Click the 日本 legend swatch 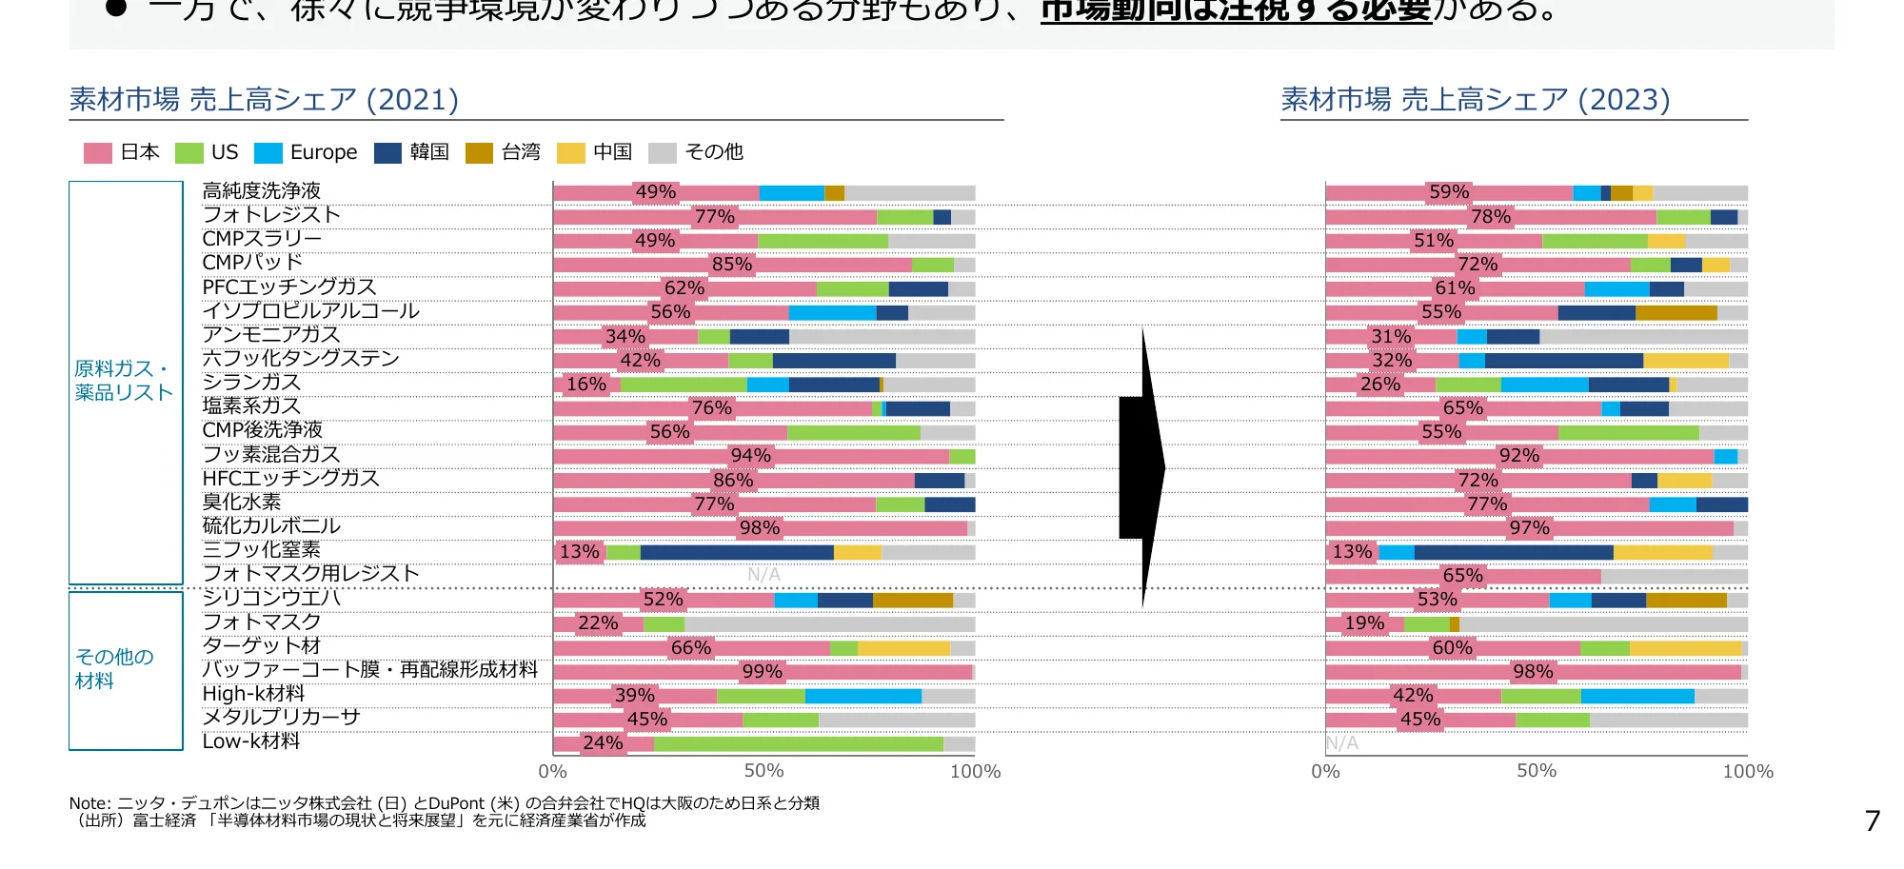[x=98, y=153]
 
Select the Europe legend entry [x=306, y=152]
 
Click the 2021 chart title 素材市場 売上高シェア [x=264, y=100]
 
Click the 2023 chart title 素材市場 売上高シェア [x=1475, y=100]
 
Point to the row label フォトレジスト [x=271, y=215]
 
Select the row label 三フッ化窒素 [x=262, y=550]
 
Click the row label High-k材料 [x=253, y=694]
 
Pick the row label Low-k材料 [x=251, y=741]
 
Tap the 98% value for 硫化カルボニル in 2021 [x=760, y=528]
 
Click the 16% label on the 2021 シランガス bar [x=586, y=385]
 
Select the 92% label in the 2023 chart [x=1519, y=456]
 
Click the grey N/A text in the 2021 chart [x=764, y=575]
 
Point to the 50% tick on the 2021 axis [x=764, y=772]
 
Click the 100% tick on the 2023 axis [x=1748, y=772]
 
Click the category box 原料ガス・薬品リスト [x=126, y=382]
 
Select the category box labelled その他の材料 [x=126, y=670]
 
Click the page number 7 [x=1873, y=820]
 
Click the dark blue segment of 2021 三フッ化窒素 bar [x=737, y=552]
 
